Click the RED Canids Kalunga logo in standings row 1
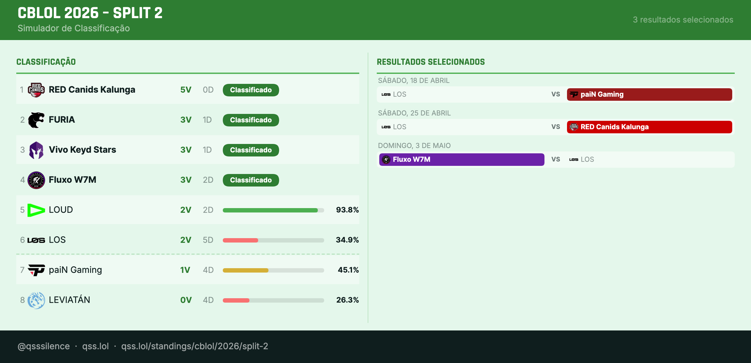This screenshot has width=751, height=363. point(36,90)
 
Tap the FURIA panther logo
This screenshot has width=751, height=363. point(36,120)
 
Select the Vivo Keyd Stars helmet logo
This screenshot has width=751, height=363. point(36,150)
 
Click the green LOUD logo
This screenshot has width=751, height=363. point(36,210)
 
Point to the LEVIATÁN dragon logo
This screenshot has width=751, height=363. point(36,300)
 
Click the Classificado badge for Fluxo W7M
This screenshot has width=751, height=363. point(251,180)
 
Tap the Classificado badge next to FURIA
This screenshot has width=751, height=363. point(251,120)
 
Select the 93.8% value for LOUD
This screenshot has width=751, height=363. point(347,210)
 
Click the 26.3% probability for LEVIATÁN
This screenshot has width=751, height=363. point(347,300)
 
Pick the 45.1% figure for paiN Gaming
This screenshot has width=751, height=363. point(348,270)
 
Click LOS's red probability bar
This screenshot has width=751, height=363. point(240,240)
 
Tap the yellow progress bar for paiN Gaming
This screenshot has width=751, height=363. point(246,270)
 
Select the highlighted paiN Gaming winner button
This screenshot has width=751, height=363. point(649,95)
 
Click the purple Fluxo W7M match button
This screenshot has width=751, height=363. point(462,160)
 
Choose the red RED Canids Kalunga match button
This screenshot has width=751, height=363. point(649,127)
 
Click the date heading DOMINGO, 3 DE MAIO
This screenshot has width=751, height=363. point(414,146)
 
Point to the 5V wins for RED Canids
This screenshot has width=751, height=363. point(186,90)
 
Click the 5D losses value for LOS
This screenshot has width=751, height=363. point(208,240)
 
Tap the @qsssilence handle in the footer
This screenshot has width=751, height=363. point(44,346)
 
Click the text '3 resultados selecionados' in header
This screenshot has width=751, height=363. point(683,20)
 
